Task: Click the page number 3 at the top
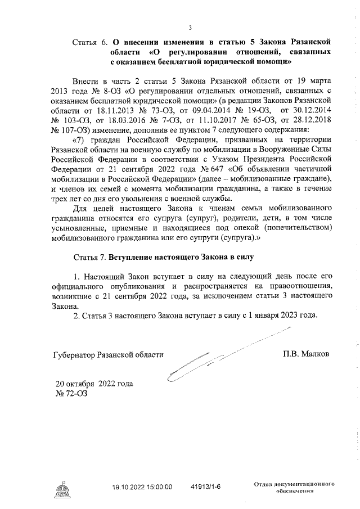(x=190, y=28)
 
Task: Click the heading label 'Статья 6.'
(x=90, y=42)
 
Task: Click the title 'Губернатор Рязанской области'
(x=107, y=355)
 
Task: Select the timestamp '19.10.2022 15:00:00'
(x=142, y=487)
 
